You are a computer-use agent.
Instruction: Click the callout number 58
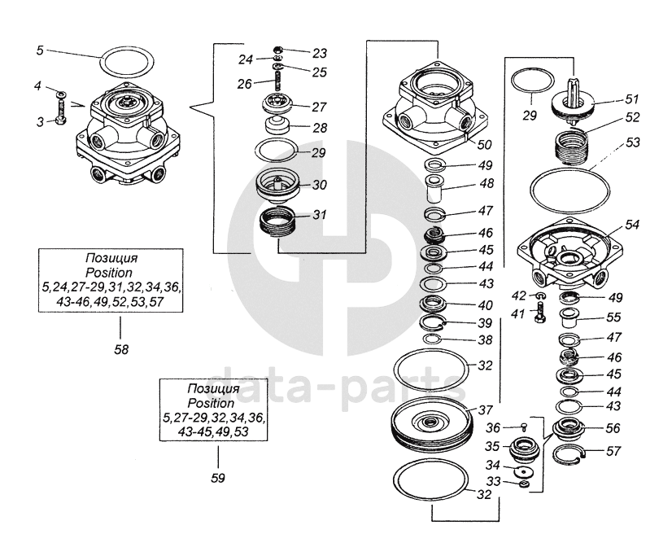point(120,349)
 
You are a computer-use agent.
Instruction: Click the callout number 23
point(319,53)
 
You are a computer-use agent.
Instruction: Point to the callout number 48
point(486,184)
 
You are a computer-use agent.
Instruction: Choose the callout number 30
point(319,185)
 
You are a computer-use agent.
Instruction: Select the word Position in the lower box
point(210,404)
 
